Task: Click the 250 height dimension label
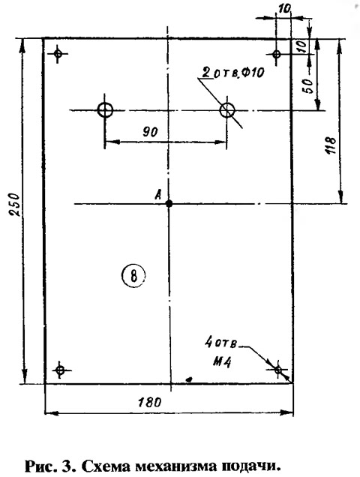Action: pyautogui.click(x=15, y=205)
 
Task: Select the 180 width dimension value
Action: pyautogui.click(x=149, y=402)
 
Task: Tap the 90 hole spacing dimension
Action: pyautogui.click(x=150, y=132)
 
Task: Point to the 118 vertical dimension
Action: pyautogui.click(x=331, y=145)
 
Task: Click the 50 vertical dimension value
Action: pyautogui.click(x=307, y=86)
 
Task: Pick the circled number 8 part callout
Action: pyautogui.click(x=133, y=275)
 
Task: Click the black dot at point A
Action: pyautogui.click(x=169, y=203)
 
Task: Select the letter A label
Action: pyautogui.click(x=158, y=195)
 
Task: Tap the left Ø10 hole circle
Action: pyautogui.click(x=105, y=109)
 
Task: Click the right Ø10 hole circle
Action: pyautogui.click(x=227, y=109)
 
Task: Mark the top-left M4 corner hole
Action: pyautogui.click(x=58, y=54)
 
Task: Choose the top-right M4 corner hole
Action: pyautogui.click(x=276, y=55)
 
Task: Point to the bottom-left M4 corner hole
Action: pyautogui.click(x=60, y=370)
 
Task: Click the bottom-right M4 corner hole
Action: pyautogui.click(x=277, y=370)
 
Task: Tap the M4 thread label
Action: pyautogui.click(x=222, y=361)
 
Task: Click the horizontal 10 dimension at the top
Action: pyautogui.click(x=284, y=9)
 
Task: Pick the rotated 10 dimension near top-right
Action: pyautogui.click(x=301, y=47)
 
